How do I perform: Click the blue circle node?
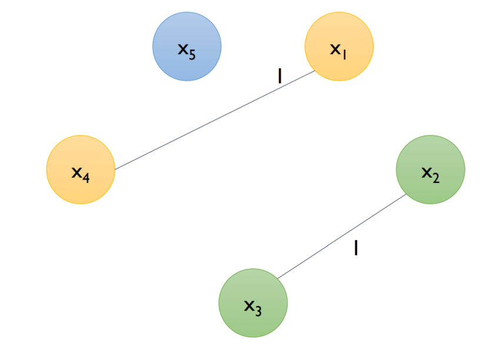click(186, 46)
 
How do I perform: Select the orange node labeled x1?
click(339, 46)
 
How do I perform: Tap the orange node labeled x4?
click(81, 169)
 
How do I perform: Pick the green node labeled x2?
click(431, 169)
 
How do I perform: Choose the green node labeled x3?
click(253, 303)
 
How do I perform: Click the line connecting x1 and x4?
click(215, 121)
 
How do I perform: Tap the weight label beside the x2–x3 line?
click(356, 248)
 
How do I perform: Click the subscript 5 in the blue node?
click(192, 56)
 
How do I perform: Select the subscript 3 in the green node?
click(258, 311)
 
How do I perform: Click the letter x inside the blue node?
click(183, 49)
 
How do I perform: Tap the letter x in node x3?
click(249, 305)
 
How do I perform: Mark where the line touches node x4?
click(114, 169)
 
